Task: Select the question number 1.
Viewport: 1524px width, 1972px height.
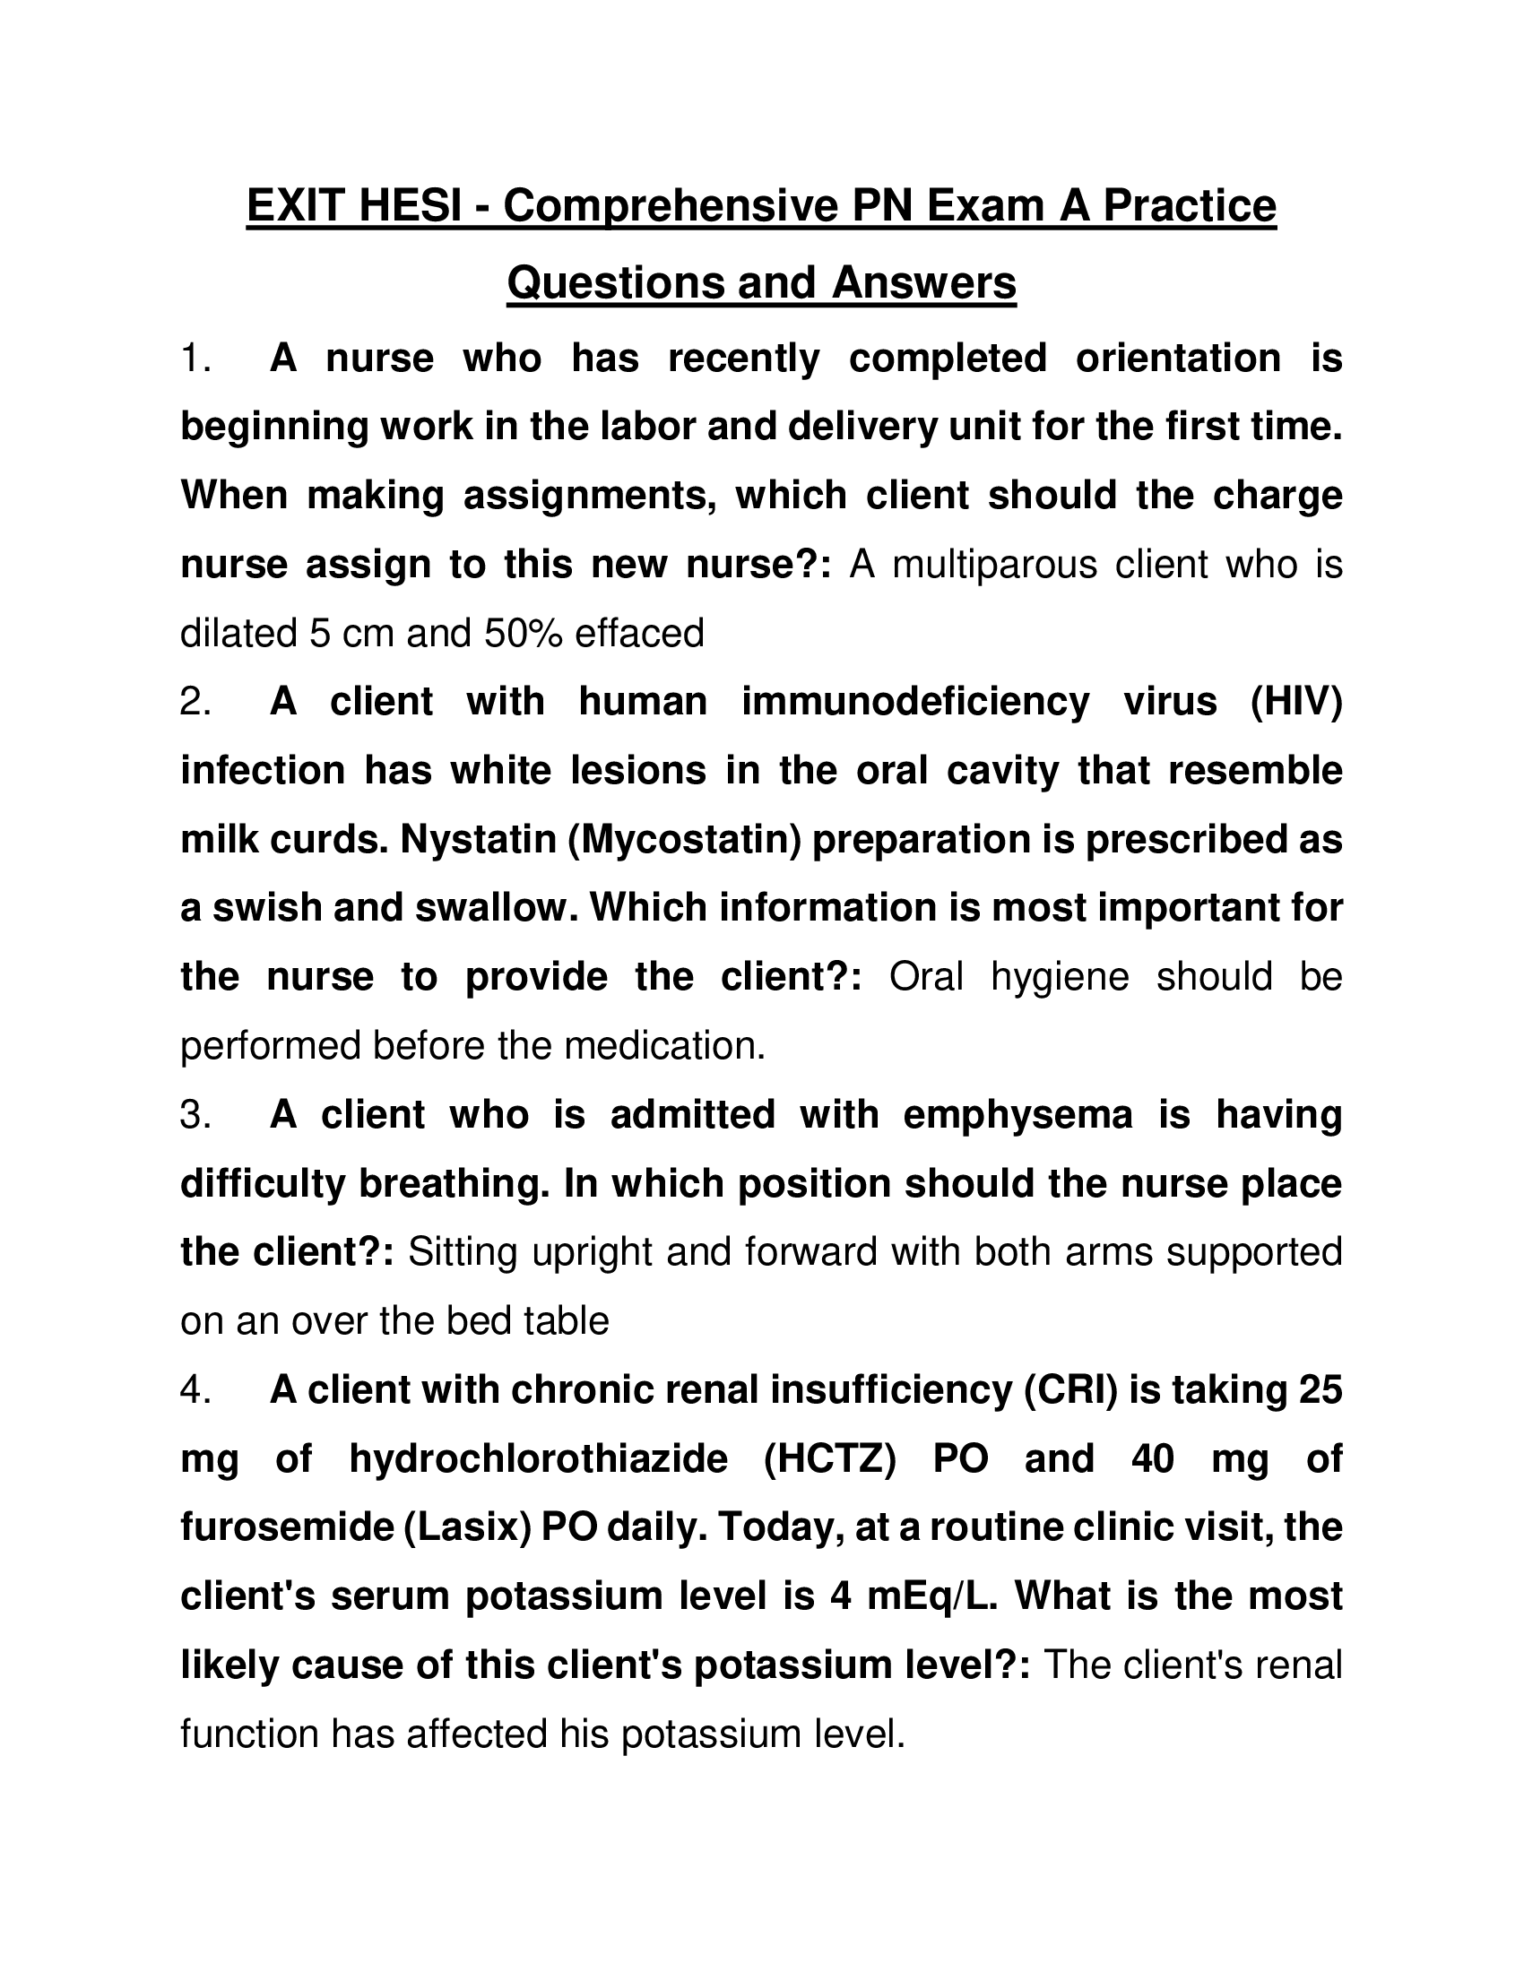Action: [195, 359]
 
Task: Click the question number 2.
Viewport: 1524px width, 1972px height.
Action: [195, 702]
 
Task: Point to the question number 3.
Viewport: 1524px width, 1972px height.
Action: [195, 1114]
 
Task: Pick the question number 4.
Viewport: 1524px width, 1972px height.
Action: [195, 1389]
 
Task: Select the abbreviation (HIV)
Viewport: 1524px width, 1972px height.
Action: [1295, 702]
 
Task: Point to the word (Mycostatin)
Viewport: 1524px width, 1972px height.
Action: [684, 840]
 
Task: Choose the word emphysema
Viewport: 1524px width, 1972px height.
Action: [1017, 1114]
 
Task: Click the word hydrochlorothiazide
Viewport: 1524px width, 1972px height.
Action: [538, 1458]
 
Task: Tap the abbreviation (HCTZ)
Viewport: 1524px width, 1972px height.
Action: [829, 1458]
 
